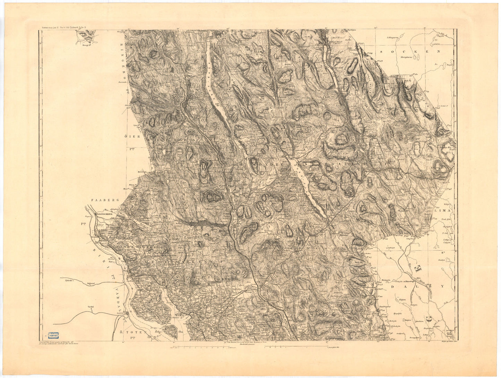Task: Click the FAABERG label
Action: [x=105, y=200]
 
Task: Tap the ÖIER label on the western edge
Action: [x=132, y=137]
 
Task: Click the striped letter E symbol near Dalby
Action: [x=417, y=267]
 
